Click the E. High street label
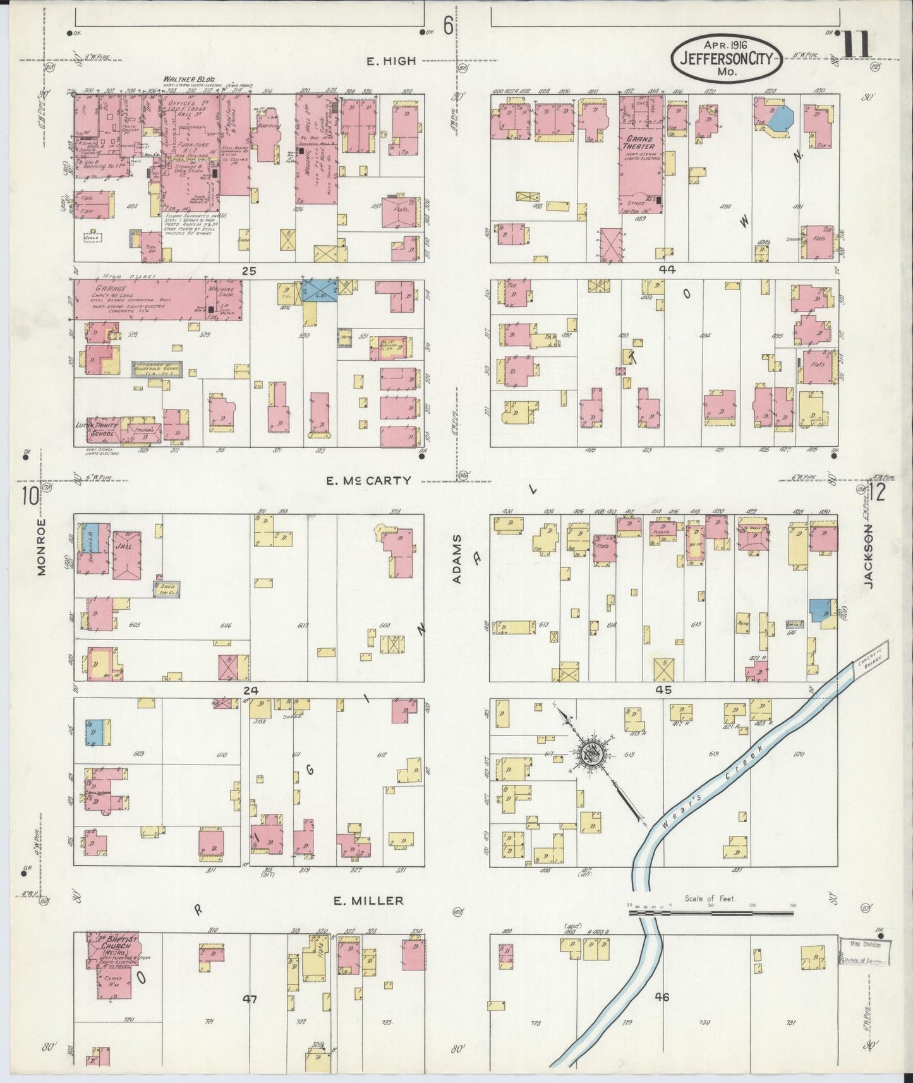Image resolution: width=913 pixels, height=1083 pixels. tap(392, 61)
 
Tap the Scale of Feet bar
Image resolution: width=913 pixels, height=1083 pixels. tap(710, 912)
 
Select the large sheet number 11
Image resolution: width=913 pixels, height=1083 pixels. tap(856, 44)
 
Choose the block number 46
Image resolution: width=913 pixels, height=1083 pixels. tap(662, 997)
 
